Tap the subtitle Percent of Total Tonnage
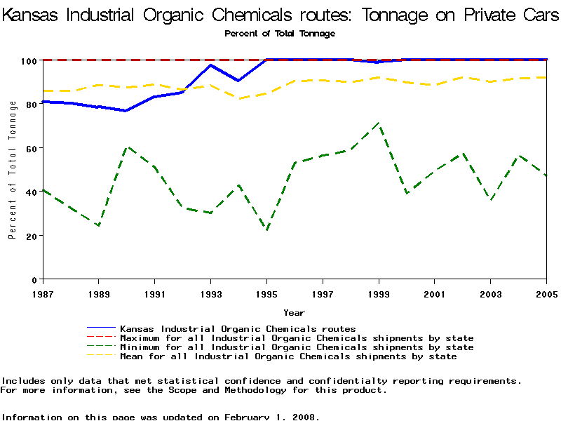pyautogui.click(x=280, y=33)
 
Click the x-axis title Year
pyautogui.click(x=294, y=312)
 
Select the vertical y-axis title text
pyautogui.click(x=13, y=170)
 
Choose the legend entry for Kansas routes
pyautogui.click(x=238, y=328)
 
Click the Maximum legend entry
pyautogui.click(x=297, y=338)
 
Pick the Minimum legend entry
pyautogui.click(x=297, y=347)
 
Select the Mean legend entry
pyautogui.click(x=288, y=356)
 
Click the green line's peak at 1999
pyautogui.click(x=379, y=123)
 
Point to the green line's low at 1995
pyautogui.click(x=266, y=229)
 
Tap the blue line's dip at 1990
pyautogui.click(x=126, y=111)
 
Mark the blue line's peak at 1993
pyautogui.click(x=210, y=65)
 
